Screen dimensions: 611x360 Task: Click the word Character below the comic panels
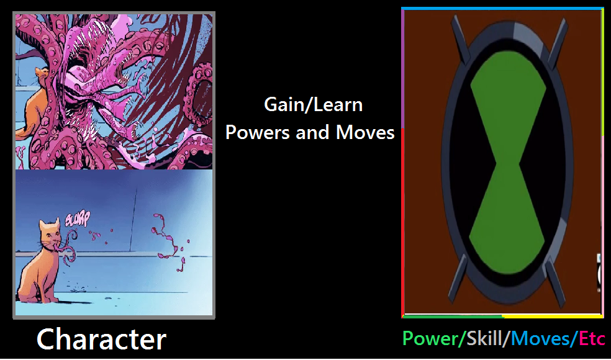pyautogui.click(x=101, y=339)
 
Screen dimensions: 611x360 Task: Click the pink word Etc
pyautogui.click(x=592, y=338)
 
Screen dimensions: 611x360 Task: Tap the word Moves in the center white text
pyautogui.click(x=365, y=133)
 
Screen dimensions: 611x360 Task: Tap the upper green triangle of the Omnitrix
pyautogui.click(x=508, y=97)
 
